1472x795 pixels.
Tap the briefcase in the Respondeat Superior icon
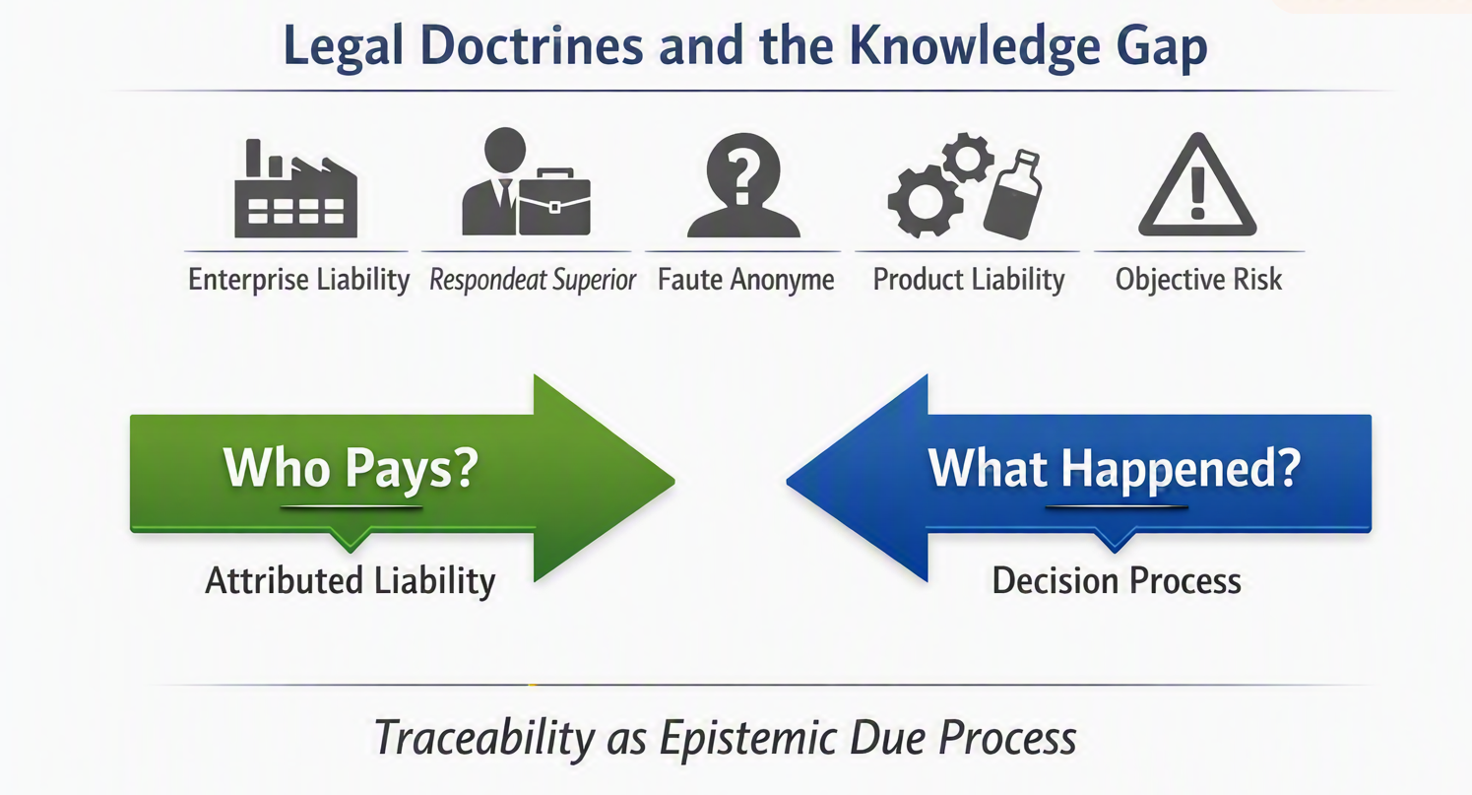(x=554, y=203)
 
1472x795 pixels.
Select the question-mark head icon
(x=743, y=185)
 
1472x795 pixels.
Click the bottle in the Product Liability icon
(x=1012, y=194)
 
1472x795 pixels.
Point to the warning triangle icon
(x=1197, y=185)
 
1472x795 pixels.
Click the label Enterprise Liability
(x=299, y=280)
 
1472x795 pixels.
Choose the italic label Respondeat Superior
(x=533, y=280)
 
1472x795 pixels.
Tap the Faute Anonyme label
(x=746, y=280)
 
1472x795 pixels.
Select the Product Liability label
(x=969, y=280)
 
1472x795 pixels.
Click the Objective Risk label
(x=1198, y=280)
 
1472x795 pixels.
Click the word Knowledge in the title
(x=975, y=46)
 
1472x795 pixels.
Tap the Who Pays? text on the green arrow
(x=351, y=468)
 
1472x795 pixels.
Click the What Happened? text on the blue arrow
(x=1114, y=468)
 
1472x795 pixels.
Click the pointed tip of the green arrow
(x=674, y=481)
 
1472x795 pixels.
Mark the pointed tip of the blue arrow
(x=788, y=481)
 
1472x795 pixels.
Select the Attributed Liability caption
(x=351, y=581)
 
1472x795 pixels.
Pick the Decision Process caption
(x=1117, y=581)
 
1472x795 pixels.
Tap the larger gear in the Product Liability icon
(x=926, y=201)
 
